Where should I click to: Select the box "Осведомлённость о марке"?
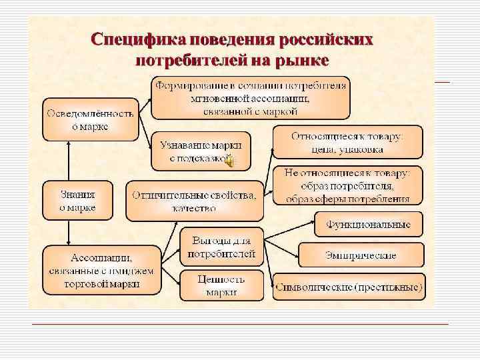[x=90, y=119]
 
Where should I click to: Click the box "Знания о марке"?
[x=78, y=201]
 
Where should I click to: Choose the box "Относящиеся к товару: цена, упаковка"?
[x=347, y=142]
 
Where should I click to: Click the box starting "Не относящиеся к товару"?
[x=347, y=185]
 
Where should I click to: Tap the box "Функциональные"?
[x=368, y=224]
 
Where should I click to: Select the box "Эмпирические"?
[x=361, y=255]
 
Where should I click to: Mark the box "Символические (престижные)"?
[x=348, y=287]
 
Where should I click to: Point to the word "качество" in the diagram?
[x=193, y=208]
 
